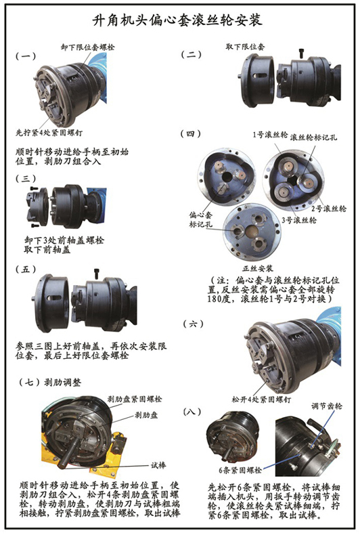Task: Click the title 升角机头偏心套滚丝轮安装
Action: (180, 22)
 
